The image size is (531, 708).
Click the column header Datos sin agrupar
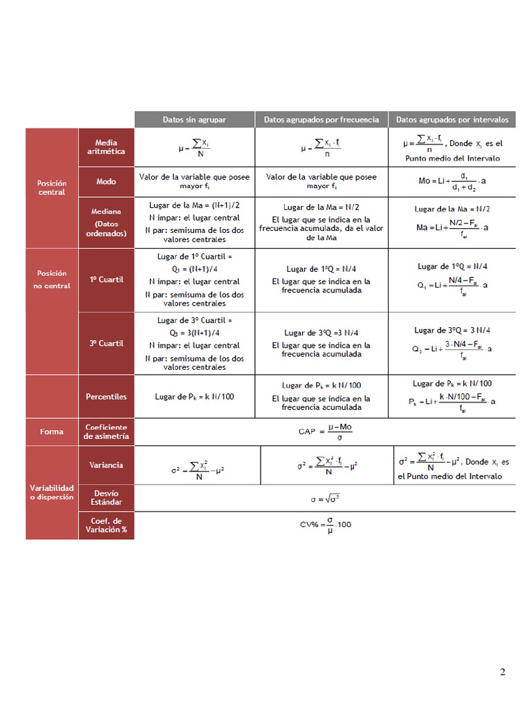pyautogui.click(x=194, y=120)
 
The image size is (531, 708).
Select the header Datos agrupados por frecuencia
pyautogui.click(x=322, y=120)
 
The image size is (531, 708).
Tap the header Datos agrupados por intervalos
pyautogui.click(x=452, y=120)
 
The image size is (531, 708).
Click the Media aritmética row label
pyautogui.click(x=106, y=147)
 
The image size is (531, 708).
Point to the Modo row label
pyautogui.click(x=106, y=181)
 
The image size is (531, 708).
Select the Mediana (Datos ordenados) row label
pyautogui.click(x=106, y=223)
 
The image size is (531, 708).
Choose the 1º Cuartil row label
pyautogui.click(x=106, y=279)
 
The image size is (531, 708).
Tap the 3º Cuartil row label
pyautogui.click(x=106, y=343)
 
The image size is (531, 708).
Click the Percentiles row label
pyautogui.click(x=106, y=397)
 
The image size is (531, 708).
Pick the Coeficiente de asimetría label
pyautogui.click(x=106, y=431)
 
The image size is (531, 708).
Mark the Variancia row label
pyautogui.click(x=106, y=465)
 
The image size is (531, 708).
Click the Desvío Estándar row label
pyautogui.click(x=106, y=497)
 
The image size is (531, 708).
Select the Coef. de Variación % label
pyautogui.click(x=106, y=525)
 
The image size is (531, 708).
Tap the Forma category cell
pyautogui.click(x=52, y=431)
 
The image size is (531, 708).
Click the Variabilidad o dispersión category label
pyautogui.click(x=52, y=492)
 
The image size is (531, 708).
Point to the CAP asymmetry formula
pyautogui.click(x=325, y=431)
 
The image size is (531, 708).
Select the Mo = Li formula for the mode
pyautogui.click(x=452, y=182)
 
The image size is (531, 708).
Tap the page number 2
pyautogui.click(x=503, y=672)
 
